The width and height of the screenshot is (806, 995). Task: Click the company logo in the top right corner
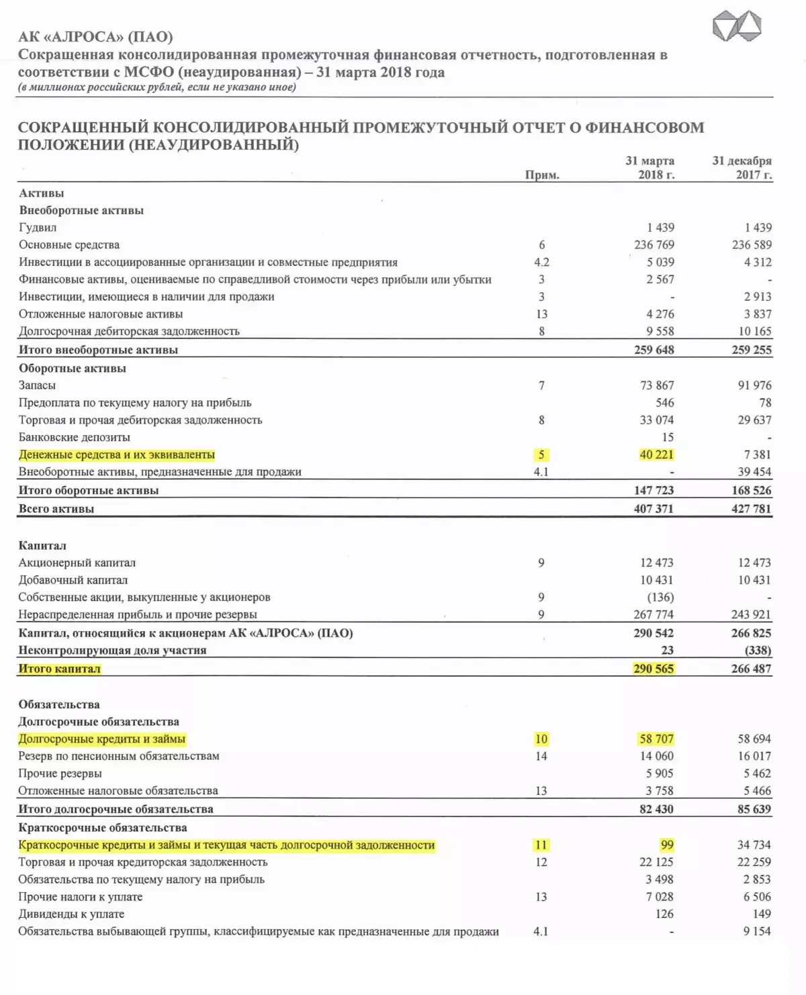coord(737,27)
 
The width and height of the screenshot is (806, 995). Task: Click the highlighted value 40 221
coord(656,455)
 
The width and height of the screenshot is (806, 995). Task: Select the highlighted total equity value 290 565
coord(653,669)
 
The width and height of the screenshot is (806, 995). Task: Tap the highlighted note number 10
coord(541,739)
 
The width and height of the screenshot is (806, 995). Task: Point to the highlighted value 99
coord(666,845)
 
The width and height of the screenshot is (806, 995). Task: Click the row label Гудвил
coord(38,228)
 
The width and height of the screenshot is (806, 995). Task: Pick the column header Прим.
coord(542,175)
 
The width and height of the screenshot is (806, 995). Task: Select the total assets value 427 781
coord(752,509)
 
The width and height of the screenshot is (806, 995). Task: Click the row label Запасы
coord(37,385)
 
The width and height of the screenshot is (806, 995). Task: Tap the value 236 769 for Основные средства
coord(654,245)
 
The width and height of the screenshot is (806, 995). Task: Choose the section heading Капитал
coord(42,546)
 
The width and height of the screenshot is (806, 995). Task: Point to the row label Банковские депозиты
coord(75,438)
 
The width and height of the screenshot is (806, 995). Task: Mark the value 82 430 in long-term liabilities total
coord(656,809)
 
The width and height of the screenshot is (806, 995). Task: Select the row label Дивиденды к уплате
coord(71,914)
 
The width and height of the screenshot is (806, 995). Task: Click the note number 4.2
coord(541,263)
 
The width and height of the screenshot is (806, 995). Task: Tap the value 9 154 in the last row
coord(757,931)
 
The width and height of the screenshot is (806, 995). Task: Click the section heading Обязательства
coord(59,704)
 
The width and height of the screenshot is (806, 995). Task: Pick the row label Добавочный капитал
coord(73,580)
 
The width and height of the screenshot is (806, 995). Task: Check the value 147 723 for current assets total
coord(654,491)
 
